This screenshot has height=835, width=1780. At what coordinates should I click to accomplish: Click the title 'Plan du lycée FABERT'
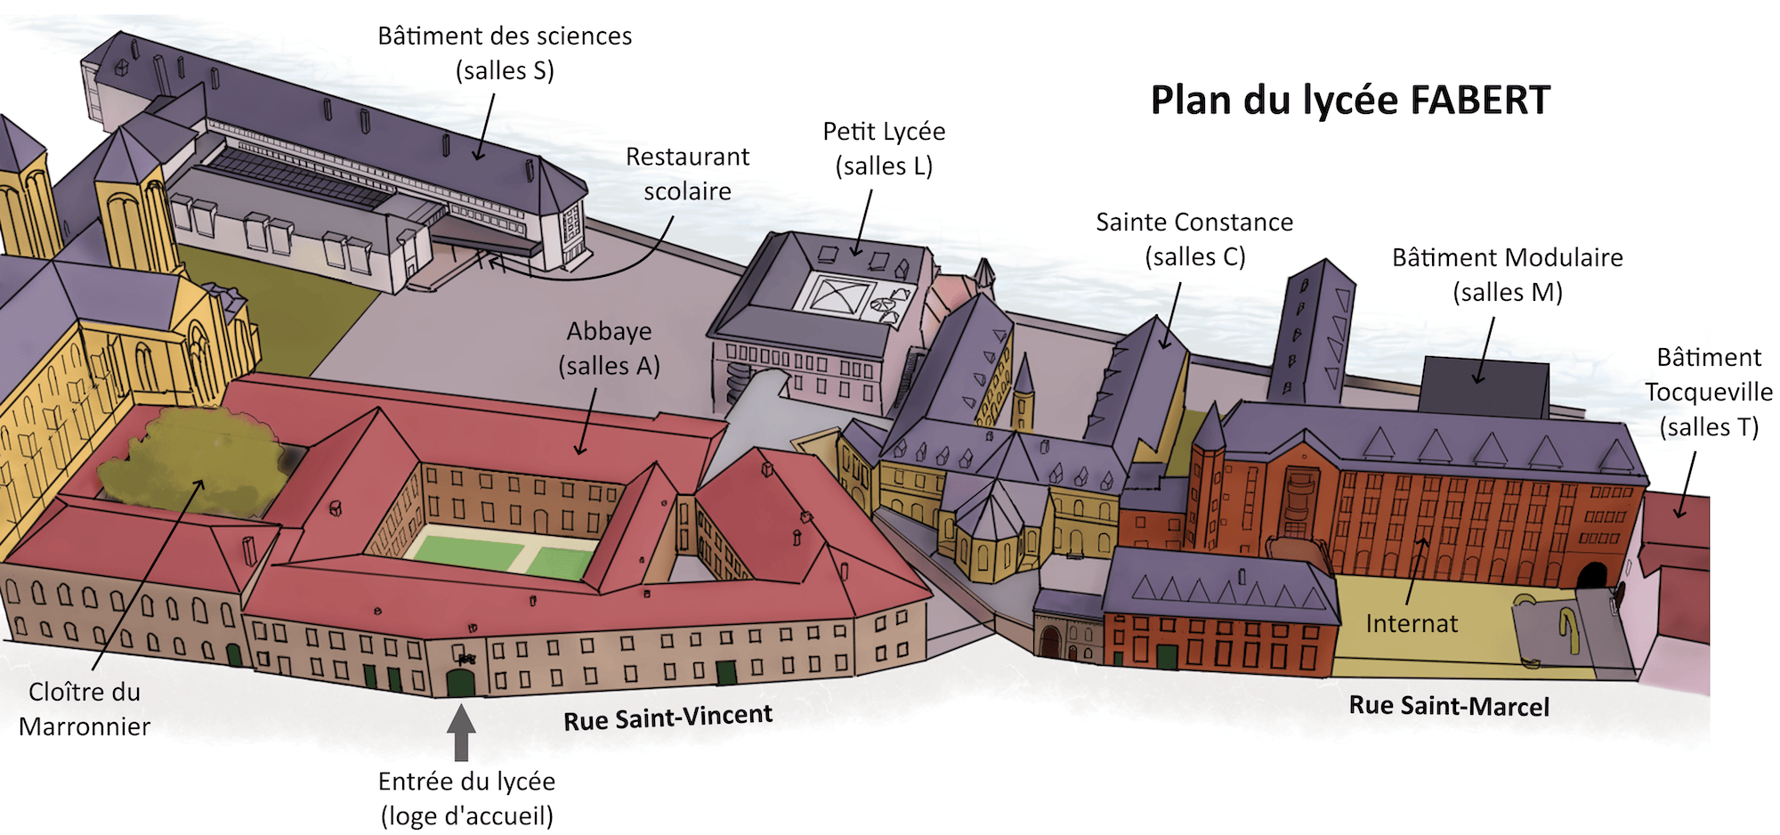click(1349, 100)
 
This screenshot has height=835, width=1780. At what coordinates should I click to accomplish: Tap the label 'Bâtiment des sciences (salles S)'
click(505, 53)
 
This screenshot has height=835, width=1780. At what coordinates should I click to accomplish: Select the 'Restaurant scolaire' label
click(687, 174)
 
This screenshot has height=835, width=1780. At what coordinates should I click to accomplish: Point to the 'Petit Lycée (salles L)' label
click(883, 149)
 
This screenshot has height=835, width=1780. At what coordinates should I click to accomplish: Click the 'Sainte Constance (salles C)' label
click(1194, 239)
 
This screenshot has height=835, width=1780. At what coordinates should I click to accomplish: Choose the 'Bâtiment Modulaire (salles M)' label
click(1507, 275)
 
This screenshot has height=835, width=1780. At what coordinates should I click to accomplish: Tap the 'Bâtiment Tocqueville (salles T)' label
click(1708, 392)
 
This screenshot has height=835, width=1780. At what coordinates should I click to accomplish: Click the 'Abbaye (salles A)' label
click(610, 348)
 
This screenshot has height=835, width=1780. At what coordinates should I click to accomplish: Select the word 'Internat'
click(1412, 623)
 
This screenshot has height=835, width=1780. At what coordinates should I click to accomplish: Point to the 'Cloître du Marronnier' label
click(85, 709)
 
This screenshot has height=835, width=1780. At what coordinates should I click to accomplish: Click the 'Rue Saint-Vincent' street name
click(667, 717)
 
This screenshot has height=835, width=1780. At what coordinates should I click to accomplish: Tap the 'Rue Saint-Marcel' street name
click(1449, 706)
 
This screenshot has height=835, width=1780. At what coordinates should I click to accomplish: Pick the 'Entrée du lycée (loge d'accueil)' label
click(466, 799)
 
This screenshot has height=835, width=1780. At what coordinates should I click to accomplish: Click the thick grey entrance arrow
click(461, 732)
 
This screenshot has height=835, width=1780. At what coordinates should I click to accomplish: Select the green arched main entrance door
click(460, 684)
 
